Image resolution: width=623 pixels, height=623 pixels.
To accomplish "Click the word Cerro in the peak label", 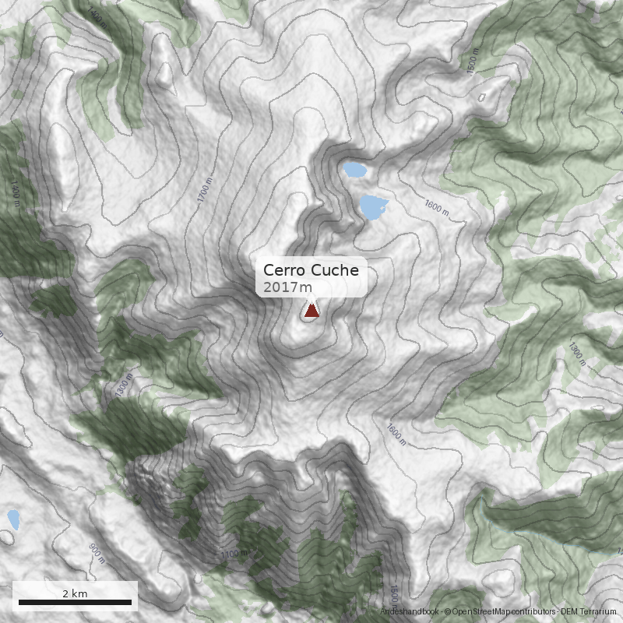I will pos(285,270).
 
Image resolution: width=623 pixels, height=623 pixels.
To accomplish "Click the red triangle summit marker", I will pos(311,311).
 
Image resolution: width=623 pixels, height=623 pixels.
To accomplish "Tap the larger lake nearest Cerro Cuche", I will pos(373,206).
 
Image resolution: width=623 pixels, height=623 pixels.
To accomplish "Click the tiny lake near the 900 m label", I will pos(13,519).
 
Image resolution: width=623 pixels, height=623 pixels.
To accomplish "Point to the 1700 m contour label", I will pos(205,190).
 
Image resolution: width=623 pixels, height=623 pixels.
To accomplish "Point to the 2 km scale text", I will pos(75,593).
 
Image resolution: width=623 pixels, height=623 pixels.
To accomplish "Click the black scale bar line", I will pos(75,602).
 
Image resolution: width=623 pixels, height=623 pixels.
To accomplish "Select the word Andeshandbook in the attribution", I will pos(410,613).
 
